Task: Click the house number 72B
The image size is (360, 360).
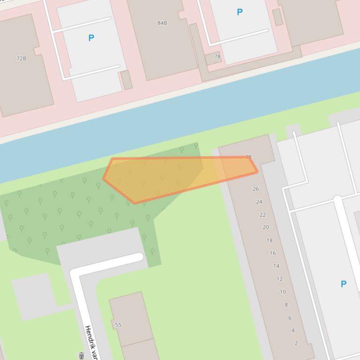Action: (x=22, y=58)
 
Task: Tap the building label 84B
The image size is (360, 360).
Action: (x=162, y=23)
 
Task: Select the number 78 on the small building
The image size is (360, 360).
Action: (x=217, y=57)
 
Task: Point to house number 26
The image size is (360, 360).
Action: (x=256, y=189)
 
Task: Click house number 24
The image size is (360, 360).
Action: (x=259, y=202)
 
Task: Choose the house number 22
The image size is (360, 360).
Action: (x=263, y=215)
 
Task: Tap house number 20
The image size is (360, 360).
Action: (x=266, y=227)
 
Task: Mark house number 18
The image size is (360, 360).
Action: (x=269, y=240)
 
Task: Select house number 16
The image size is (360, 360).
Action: (x=272, y=253)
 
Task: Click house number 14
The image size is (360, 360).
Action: (x=276, y=266)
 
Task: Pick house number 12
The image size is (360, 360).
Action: (x=279, y=279)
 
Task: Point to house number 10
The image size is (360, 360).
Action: (x=283, y=292)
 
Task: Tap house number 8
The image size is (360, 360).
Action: (x=286, y=305)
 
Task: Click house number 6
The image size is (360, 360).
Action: (x=290, y=318)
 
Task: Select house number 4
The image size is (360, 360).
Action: (x=293, y=331)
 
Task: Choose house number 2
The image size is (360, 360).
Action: (x=296, y=343)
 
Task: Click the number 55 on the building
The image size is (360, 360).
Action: (x=118, y=324)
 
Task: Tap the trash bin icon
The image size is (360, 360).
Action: (x=81, y=356)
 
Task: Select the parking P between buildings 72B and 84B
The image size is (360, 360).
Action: (x=91, y=38)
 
